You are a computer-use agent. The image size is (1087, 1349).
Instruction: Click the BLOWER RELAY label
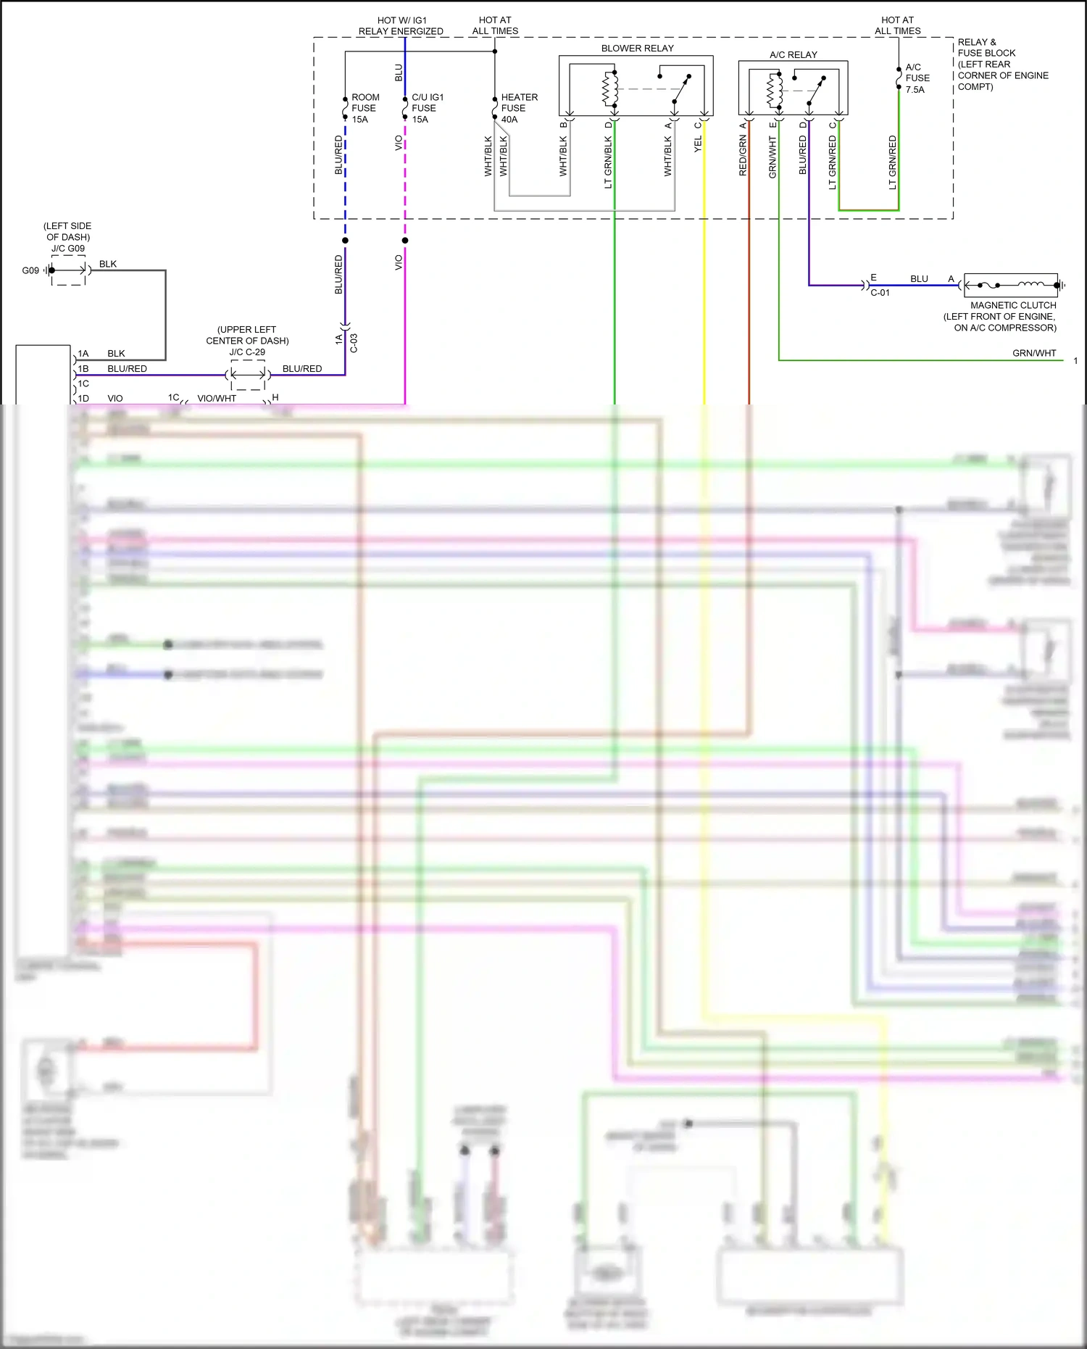(x=637, y=49)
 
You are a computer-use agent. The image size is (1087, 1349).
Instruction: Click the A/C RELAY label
(x=793, y=55)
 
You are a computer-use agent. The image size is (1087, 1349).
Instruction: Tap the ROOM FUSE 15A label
(x=365, y=108)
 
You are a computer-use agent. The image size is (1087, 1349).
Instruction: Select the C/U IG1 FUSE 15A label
(x=427, y=108)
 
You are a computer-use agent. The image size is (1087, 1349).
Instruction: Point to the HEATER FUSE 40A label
(x=519, y=108)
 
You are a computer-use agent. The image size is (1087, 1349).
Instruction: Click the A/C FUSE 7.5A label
(x=917, y=78)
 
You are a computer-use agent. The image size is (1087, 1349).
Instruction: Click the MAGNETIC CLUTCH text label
(x=1013, y=305)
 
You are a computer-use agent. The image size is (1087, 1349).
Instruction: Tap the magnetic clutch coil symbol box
(x=1011, y=286)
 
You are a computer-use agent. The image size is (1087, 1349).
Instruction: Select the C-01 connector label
(x=880, y=293)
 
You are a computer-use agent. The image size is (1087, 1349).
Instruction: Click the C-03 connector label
(x=354, y=343)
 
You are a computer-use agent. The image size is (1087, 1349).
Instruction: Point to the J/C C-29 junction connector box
(x=248, y=375)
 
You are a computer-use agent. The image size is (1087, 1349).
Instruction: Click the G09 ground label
(x=30, y=270)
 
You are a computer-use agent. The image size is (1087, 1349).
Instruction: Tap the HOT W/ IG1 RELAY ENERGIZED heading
(x=401, y=26)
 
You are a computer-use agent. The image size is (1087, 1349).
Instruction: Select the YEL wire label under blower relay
(x=698, y=144)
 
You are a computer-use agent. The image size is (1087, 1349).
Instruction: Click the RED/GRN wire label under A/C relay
(x=743, y=155)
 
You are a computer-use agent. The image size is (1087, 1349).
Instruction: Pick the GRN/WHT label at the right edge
(x=1034, y=353)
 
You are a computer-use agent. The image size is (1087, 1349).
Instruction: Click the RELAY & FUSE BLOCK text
(x=1002, y=64)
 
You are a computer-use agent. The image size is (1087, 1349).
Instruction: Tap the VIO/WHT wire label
(x=217, y=398)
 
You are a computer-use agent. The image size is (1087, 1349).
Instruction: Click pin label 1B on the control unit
(x=83, y=369)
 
